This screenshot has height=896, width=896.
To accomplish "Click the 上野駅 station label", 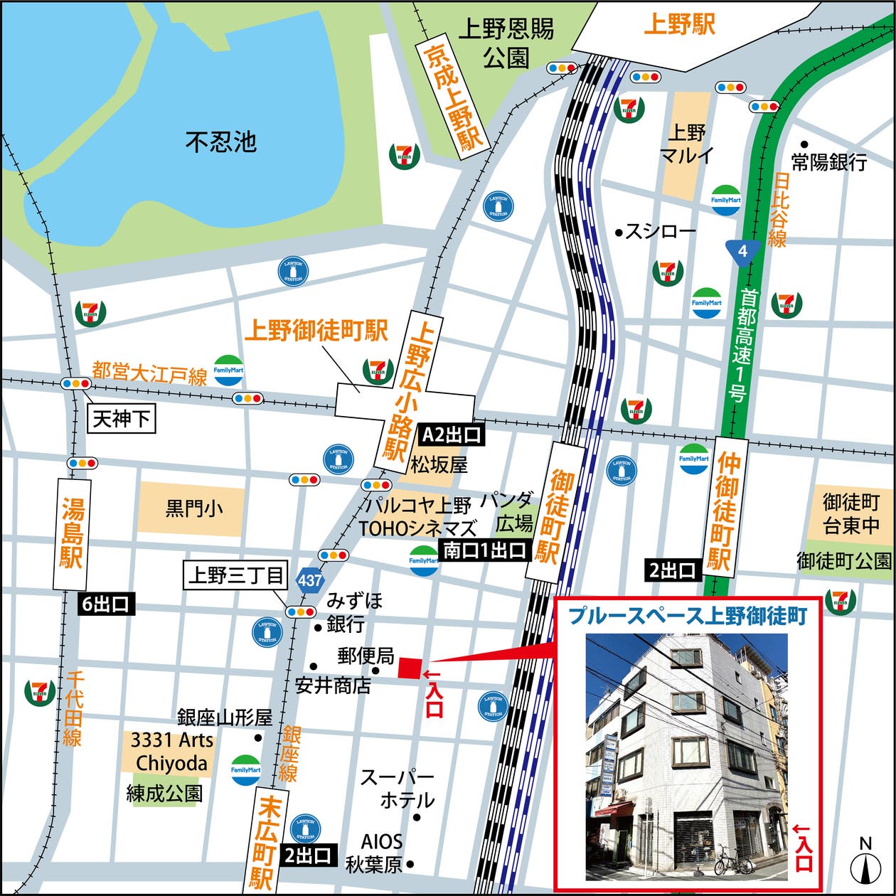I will [x=679, y=26].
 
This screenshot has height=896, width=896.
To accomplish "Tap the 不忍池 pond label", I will [x=221, y=142].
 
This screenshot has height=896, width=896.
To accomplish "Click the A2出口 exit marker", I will [x=452, y=434].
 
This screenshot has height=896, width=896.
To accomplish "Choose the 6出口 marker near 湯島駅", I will [x=105, y=604].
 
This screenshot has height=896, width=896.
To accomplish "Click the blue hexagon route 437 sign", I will [x=311, y=580].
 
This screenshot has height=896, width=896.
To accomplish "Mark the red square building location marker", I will [x=409, y=669].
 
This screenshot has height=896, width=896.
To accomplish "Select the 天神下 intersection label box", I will [x=122, y=419].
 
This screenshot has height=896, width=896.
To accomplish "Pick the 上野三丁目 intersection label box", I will [x=235, y=575].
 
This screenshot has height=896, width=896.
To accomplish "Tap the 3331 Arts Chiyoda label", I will [x=171, y=752].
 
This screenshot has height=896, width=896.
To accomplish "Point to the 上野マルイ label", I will [x=687, y=144].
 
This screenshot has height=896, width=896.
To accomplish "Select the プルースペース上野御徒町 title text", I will [x=688, y=617].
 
